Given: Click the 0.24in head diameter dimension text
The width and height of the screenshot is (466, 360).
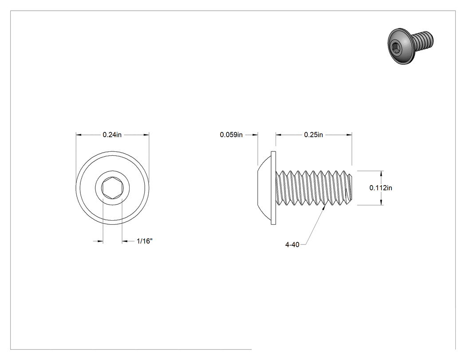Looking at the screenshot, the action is click(x=112, y=135).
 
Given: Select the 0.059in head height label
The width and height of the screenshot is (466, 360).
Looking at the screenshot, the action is click(x=231, y=135).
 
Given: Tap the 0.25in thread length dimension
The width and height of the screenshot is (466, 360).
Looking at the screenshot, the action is click(x=313, y=135).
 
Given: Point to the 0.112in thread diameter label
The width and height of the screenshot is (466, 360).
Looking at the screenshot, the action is click(x=381, y=188).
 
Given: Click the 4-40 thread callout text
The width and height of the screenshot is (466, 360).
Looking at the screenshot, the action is click(x=292, y=245).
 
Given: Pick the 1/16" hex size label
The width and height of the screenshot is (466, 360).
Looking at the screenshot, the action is click(x=144, y=241).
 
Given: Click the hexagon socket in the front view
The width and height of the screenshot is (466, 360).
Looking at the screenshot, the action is click(x=112, y=188).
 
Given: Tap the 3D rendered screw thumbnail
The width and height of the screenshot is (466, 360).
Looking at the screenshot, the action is click(x=411, y=46).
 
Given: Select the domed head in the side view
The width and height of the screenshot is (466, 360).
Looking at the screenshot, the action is click(x=264, y=188).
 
